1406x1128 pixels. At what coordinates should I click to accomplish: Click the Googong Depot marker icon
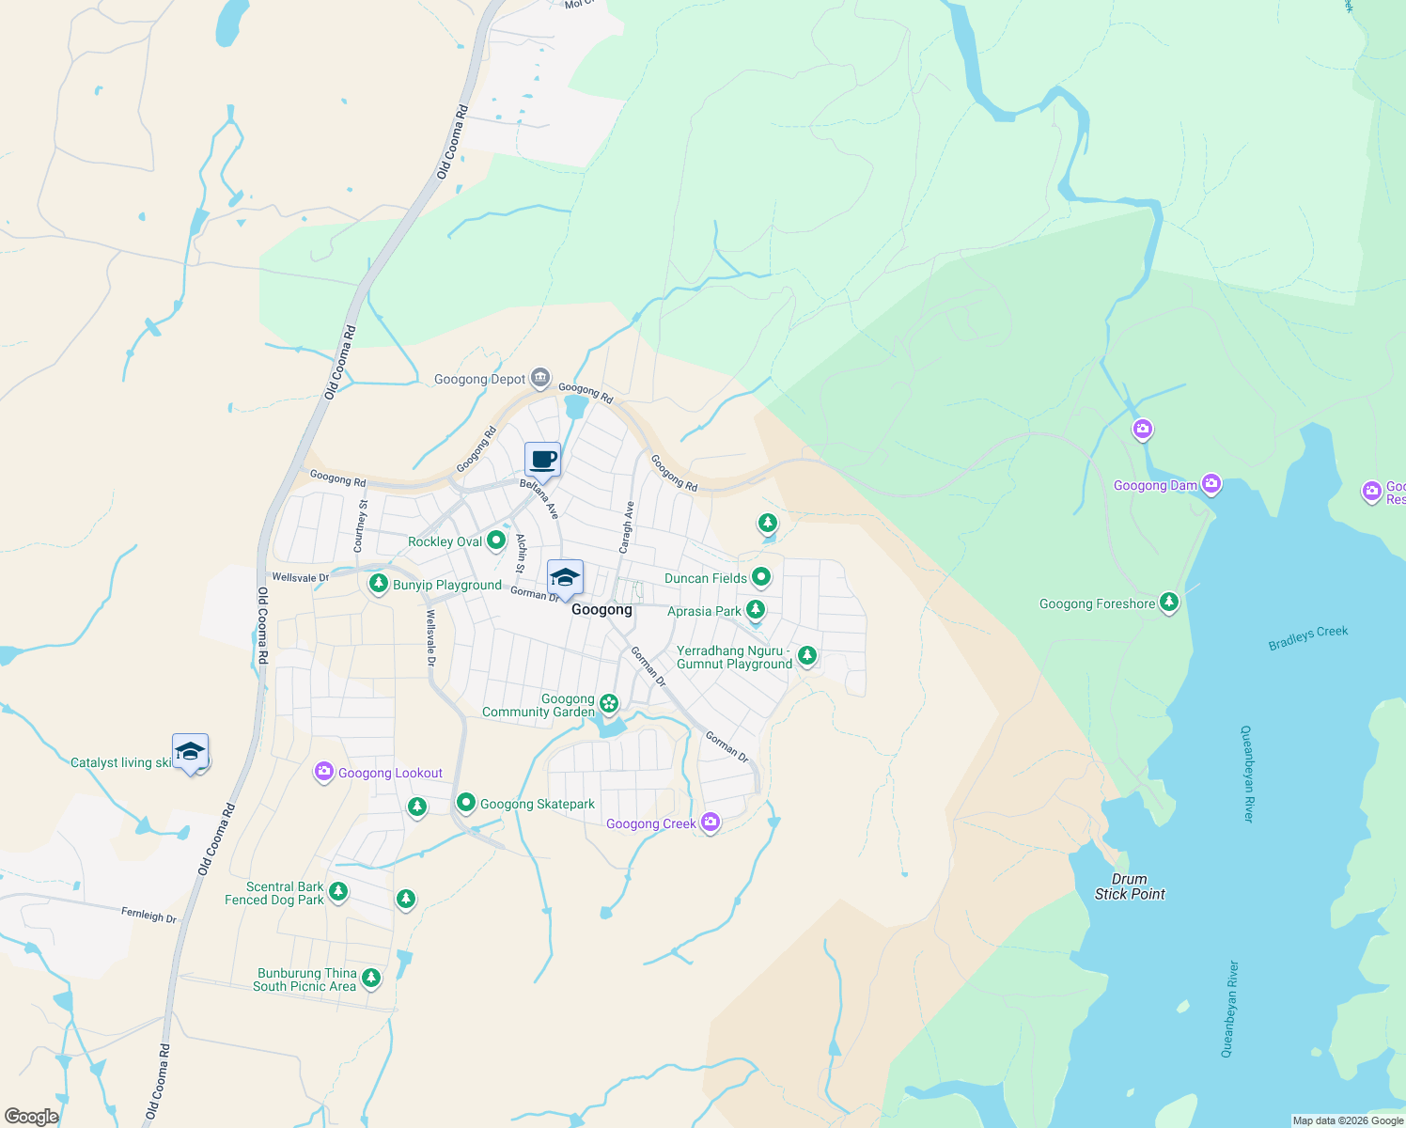pyautogui.click(x=539, y=379)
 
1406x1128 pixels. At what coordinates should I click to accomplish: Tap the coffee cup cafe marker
pyautogui.click(x=542, y=461)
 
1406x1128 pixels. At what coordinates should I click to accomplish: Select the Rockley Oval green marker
pyautogui.click(x=496, y=540)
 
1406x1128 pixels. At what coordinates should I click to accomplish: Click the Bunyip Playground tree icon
pyautogui.click(x=379, y=584)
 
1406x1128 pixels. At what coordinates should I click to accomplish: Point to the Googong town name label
pyautogui.click(x=601, y=609)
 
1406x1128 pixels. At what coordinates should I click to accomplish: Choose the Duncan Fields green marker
pyautogui.click(x=761, y=577)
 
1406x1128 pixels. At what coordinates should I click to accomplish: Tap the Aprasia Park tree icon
pyautogui.click(x=755, y=611)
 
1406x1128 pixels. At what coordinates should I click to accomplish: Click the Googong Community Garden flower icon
pyautogui.click(x=609, y=703)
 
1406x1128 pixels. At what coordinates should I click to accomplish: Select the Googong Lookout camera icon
pyautogui.click(x=323, y=772)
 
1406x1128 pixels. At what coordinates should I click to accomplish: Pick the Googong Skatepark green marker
pyautogui.click(x=465, y=803)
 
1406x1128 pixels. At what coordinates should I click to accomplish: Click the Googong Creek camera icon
pyautogui.click(x=711, y=823)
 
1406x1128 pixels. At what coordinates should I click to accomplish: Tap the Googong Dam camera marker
pyautogui.click(x=1211, y=484)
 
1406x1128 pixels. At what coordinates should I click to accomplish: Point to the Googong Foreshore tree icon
pyautogui.click(x=1168, y=603)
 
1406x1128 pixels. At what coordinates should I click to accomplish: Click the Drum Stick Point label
pyautogui.click(x=1129, y=886)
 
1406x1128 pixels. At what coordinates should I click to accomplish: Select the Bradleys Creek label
pyautogui.click(x=1307, y=638)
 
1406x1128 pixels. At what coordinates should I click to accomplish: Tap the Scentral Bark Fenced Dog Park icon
pyautogui.click(x=338, y=892)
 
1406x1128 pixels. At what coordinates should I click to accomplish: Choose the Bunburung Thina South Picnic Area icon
pyautogui.click(x=371, y=979)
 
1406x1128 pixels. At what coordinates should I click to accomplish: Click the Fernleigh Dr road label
pyautogui.click(x=148, y=915)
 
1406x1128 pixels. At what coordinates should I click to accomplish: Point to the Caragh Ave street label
pyautogui.click(x=627, y=526)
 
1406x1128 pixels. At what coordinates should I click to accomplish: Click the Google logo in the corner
pyautogui.click(x=31, y=1117)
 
